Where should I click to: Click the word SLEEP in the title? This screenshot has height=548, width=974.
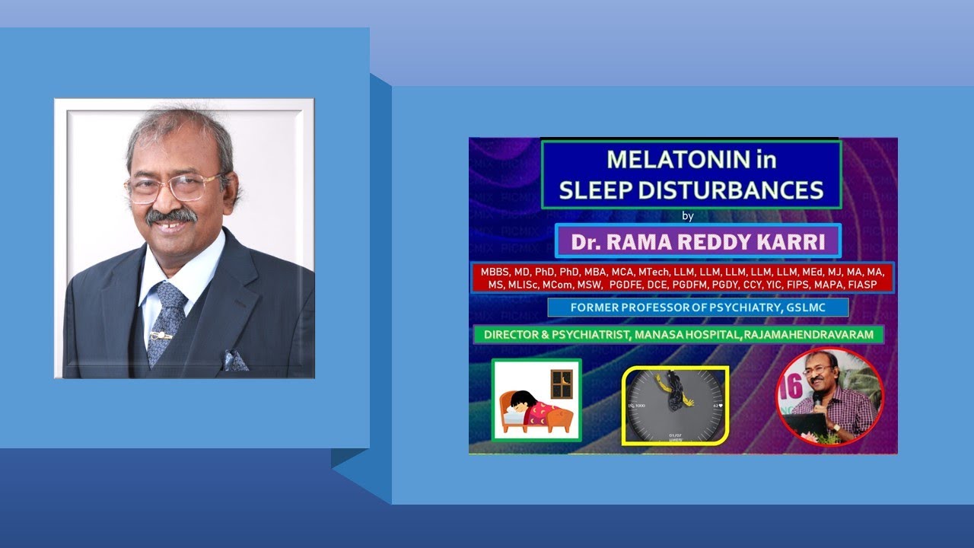(x=594, y=190)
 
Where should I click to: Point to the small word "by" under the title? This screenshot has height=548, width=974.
(x=688, y=216)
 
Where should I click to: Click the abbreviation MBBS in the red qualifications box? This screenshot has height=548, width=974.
(x=495, y=272)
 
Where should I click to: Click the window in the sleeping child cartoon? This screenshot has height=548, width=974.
(x=562, y=384)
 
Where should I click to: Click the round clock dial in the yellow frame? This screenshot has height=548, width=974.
(x=675, y=405)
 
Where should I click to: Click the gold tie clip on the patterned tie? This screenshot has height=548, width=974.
(x=161, y=336)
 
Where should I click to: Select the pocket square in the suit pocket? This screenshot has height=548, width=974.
(x=235, y=361)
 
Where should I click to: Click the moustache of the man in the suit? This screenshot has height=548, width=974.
(x=171, y=215)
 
